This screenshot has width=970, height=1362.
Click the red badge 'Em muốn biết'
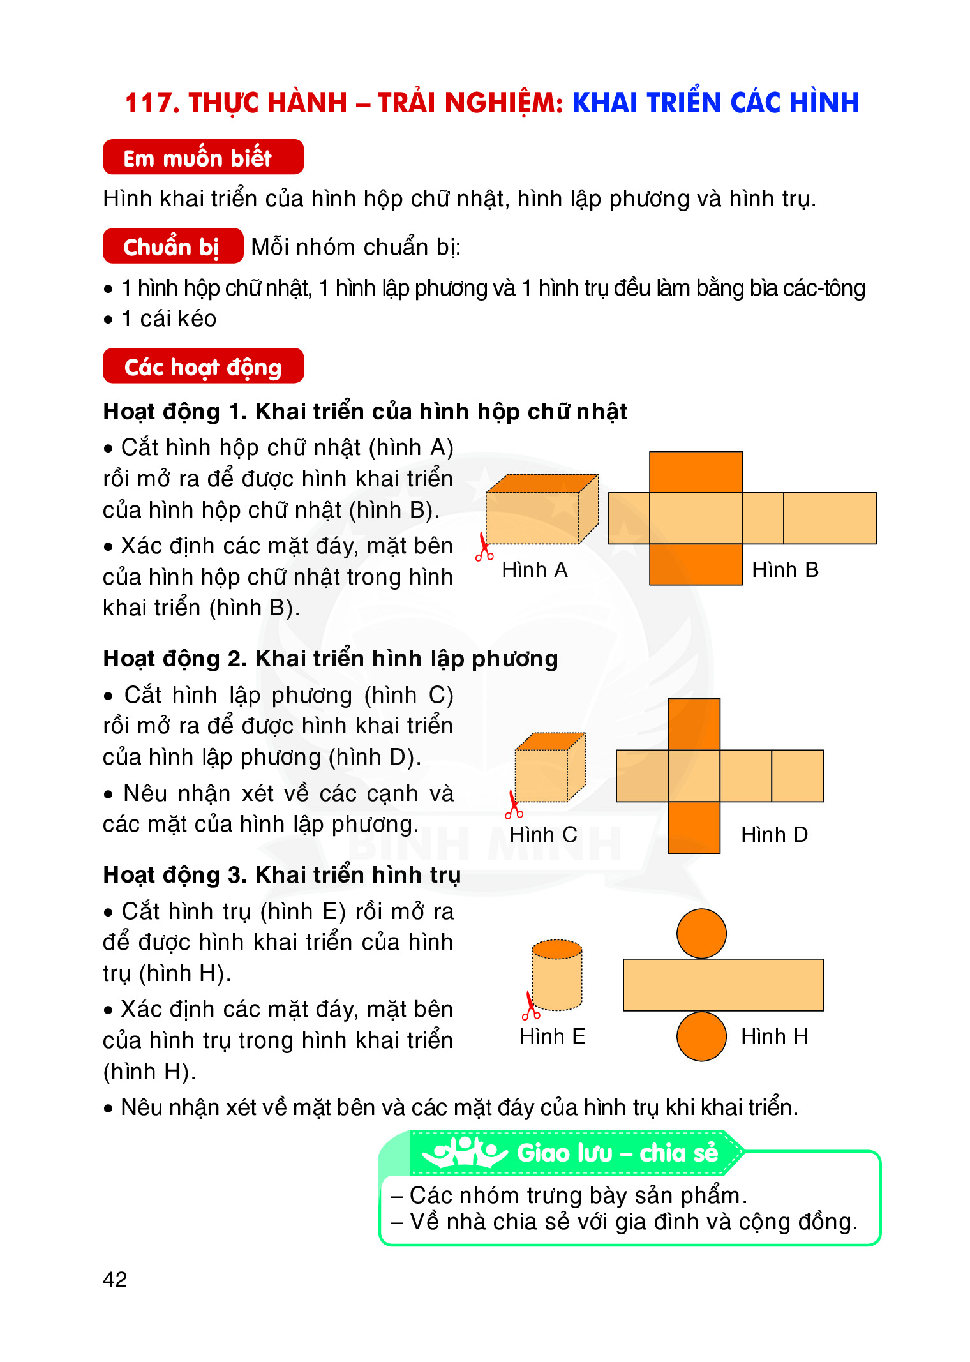(x=203, y=157)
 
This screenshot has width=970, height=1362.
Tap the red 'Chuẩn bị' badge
(x=173, y=246)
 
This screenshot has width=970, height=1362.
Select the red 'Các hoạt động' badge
(x=203, y=366)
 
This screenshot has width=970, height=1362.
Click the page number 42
(x=115, y=1279)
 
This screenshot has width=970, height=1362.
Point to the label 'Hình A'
(x=534, y=569)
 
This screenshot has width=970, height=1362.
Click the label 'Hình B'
(x=785, y=569)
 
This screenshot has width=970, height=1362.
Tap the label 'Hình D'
(x=774, y=834)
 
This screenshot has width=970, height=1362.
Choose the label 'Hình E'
(x=552, y=1036)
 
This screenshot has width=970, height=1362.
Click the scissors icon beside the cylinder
(x=530, y=1006)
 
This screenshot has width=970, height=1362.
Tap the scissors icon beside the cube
(x=513, y=805)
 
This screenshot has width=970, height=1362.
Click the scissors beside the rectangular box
(x=484, y=548)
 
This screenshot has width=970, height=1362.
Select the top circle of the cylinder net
(x=701, y=934)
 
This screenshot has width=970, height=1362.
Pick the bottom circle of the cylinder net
(x=701, y=1036)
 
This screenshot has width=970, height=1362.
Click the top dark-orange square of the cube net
(x=694, y=724)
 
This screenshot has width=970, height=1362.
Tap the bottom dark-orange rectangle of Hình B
(x=696, y=564)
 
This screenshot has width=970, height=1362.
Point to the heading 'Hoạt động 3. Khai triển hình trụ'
(x=281, y=875)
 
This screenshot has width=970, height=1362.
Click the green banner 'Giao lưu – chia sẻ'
(x=616, y=1153)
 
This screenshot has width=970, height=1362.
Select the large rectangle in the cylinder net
(x=723, y=985)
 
